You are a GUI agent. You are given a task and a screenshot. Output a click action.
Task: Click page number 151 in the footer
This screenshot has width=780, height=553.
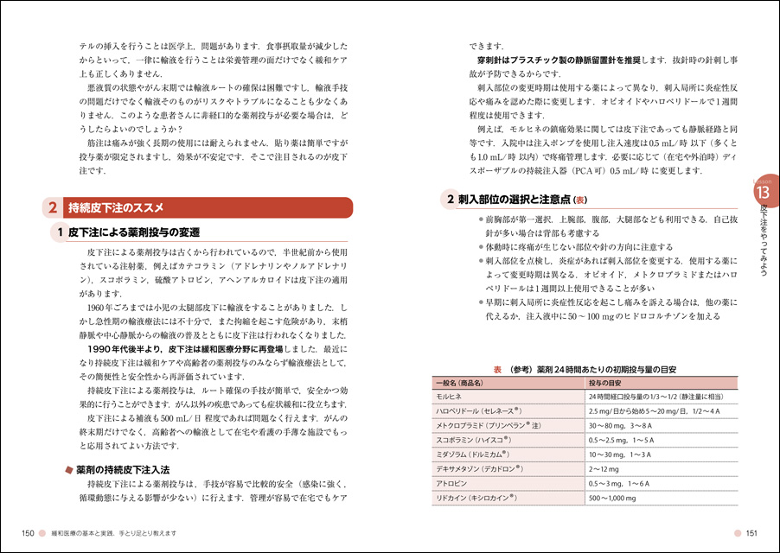751,532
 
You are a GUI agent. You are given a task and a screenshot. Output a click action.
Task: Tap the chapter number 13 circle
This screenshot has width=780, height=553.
764,190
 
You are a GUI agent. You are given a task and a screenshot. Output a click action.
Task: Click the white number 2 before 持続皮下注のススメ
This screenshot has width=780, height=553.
53,207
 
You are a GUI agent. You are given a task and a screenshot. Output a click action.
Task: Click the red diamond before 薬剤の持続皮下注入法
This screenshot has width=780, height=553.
68,469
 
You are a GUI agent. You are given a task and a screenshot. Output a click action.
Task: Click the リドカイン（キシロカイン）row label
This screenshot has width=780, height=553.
476,498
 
